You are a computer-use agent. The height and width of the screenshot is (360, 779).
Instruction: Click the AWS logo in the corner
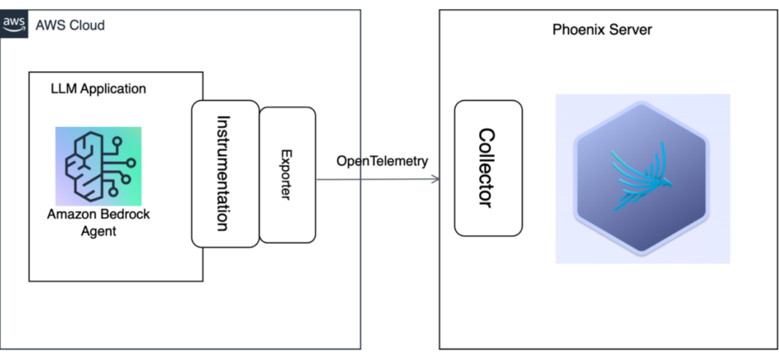(x=14, y=24)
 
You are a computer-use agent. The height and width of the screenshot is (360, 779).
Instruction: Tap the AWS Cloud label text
(x=70, y=25)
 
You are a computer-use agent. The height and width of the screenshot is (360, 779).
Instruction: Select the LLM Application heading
(x=98, y=89)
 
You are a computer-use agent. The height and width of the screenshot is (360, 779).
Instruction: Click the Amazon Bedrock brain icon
(x=98, y=166)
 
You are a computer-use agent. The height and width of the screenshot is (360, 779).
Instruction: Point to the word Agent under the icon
(x=98, y=231)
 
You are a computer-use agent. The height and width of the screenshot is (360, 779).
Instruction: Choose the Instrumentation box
(x=225, y=174)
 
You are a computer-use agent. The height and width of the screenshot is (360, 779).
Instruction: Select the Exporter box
(x=288, y=175)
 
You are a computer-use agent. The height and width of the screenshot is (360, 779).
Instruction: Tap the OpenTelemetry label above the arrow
(x=382, y=161)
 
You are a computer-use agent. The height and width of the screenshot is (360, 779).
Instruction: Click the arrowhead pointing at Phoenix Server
(x=436, y=179)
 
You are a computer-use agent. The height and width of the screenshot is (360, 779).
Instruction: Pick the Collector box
(x=489, y=168)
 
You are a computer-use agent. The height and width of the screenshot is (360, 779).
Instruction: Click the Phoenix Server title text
(x=602, y=30)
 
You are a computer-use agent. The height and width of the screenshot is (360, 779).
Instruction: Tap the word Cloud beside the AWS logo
(x=86, y=25)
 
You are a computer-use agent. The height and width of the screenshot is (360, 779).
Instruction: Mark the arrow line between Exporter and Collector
(x=378, y=179)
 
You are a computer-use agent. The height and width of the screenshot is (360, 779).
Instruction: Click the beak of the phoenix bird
(x=671, y=186)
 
